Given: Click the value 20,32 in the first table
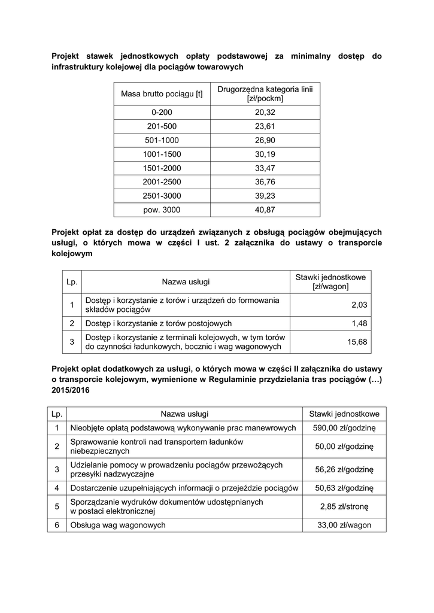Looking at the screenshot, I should click(265, 112).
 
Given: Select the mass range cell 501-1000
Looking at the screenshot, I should click(162, 140).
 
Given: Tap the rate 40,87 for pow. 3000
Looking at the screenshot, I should click(265, 210).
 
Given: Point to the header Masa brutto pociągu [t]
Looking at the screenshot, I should click(162, 94).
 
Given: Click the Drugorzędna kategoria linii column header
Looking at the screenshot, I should click(265, 94).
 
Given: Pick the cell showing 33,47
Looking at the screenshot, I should click(265, 168).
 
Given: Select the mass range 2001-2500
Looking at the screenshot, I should click(162, 182).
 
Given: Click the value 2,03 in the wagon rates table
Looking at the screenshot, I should click(359, 305).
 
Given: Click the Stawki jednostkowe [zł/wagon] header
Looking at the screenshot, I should click(330, 282).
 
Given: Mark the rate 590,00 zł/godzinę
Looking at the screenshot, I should click(344, 428).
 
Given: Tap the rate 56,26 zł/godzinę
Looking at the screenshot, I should click(344, 469).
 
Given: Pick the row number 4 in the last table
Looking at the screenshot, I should click(57, 488).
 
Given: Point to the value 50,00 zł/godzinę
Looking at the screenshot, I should click(344, 447).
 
